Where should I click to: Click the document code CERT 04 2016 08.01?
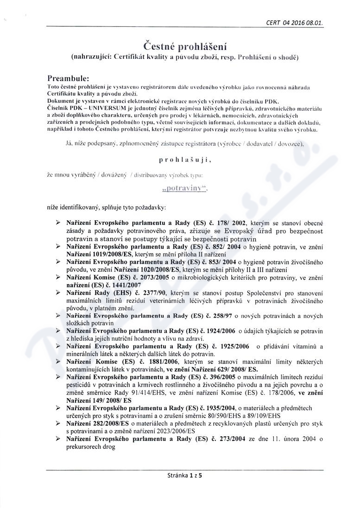(x=295, y=22)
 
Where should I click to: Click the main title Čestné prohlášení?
(x=185, y=46)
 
